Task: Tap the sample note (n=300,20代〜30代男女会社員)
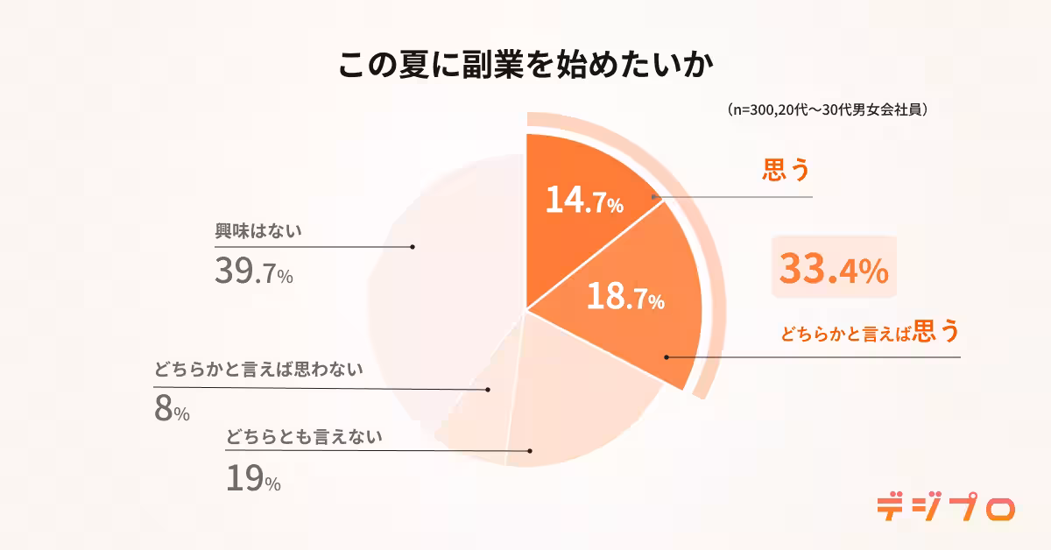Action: click(828, 111)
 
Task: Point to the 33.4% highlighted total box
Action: click(834, 269)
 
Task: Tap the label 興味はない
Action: click(258, 231)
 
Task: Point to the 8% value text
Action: click(172, 410)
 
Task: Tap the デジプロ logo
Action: click(946, 507)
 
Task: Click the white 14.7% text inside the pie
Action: click(583, 202)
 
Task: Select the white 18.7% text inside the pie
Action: click(624, 299)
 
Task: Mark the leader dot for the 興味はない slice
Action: click(412, 247)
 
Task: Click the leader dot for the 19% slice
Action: click(531, 451)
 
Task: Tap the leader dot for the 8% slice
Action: click(488, 389)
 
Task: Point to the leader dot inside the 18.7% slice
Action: click(667, 357)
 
